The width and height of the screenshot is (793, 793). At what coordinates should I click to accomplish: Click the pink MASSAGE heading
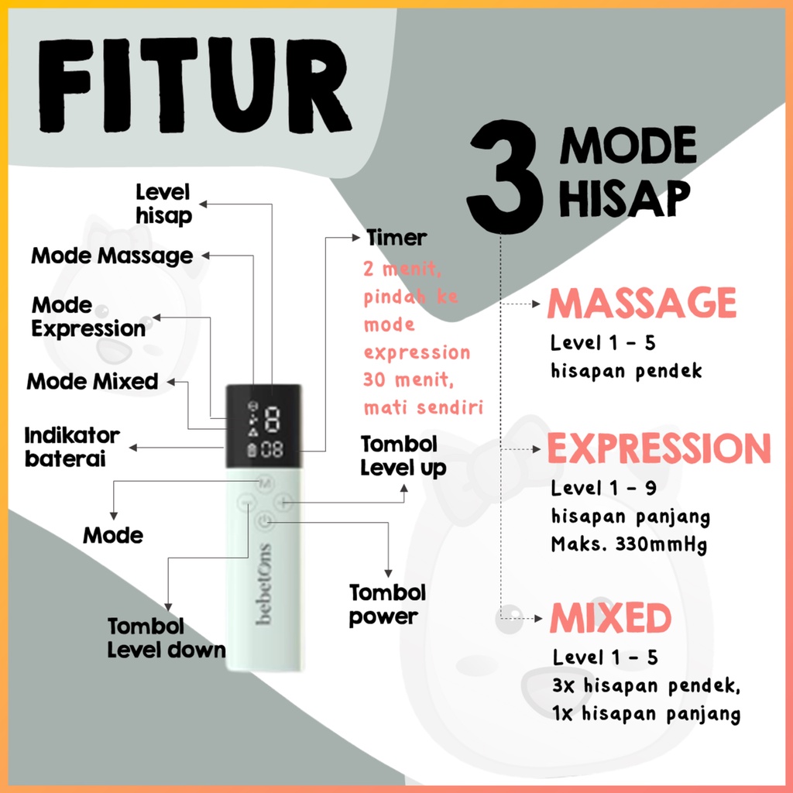(642, 303)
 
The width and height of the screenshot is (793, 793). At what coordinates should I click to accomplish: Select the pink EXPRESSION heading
(659, 448)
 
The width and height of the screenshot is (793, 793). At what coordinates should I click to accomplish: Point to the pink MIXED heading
(611, 619)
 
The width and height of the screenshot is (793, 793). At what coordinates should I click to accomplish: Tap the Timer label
(396, 238)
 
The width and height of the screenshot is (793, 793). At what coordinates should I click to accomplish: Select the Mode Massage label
(112, 256)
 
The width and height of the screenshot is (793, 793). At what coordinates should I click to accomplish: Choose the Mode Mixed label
(92, 381)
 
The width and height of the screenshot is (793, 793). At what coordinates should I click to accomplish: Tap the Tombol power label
(387, 605)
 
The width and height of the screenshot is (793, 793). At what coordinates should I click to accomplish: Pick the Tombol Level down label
(166, 637)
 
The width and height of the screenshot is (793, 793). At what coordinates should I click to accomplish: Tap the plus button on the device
(283, 503)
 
